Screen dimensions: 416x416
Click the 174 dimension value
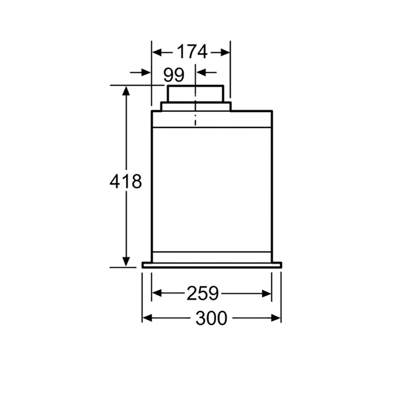[192, 52]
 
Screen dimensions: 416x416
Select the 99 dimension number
[174, 75]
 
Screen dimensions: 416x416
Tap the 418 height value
[125, 181]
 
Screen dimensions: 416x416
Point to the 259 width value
[203, 294]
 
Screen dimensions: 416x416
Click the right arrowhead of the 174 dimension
[225, 52]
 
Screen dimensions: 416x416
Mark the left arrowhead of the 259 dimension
[157, 294]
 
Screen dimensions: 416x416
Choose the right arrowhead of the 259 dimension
[267, 294]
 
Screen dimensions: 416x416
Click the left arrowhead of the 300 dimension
[147, 318]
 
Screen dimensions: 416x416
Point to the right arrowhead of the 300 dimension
[276, 318]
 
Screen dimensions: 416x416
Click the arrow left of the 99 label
[146, 72]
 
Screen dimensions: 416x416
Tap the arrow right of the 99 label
[202, 72]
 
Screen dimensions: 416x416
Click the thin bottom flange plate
[211, 265]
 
